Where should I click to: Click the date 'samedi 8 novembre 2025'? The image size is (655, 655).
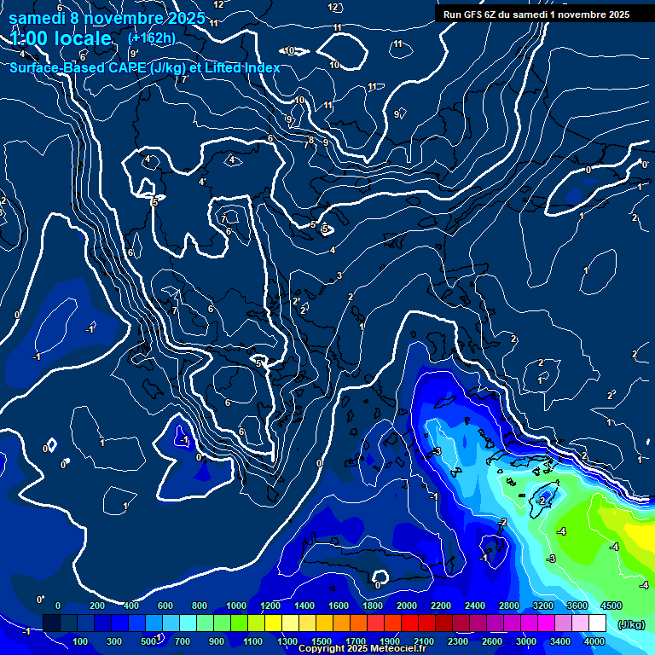click(107, 18)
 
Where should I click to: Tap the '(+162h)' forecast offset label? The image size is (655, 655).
click(152, 38)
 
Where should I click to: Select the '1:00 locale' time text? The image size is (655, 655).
click(61, 38)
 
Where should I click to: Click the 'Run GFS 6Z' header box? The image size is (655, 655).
click(536, 14)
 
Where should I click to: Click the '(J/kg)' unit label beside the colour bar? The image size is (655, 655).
click(630, 623)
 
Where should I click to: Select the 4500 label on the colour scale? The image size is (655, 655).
click(611, 606)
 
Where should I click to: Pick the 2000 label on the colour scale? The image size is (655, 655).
click(406, 606)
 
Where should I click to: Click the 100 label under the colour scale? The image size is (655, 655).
click(81, 641)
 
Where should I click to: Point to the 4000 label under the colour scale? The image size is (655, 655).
click(594, 641)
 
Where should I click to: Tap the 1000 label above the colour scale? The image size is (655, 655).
click(235, 606)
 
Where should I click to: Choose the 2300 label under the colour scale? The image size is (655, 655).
click(458, 641)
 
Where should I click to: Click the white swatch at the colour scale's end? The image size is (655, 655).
click(597, 623)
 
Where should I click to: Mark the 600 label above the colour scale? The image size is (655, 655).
click(165, 606)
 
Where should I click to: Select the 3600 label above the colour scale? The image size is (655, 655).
click(577, 606)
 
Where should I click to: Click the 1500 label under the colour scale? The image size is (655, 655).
click(321, 641)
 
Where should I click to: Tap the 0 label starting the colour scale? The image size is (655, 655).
click(58, 606)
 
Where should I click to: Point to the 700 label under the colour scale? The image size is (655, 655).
click(182, 641)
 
